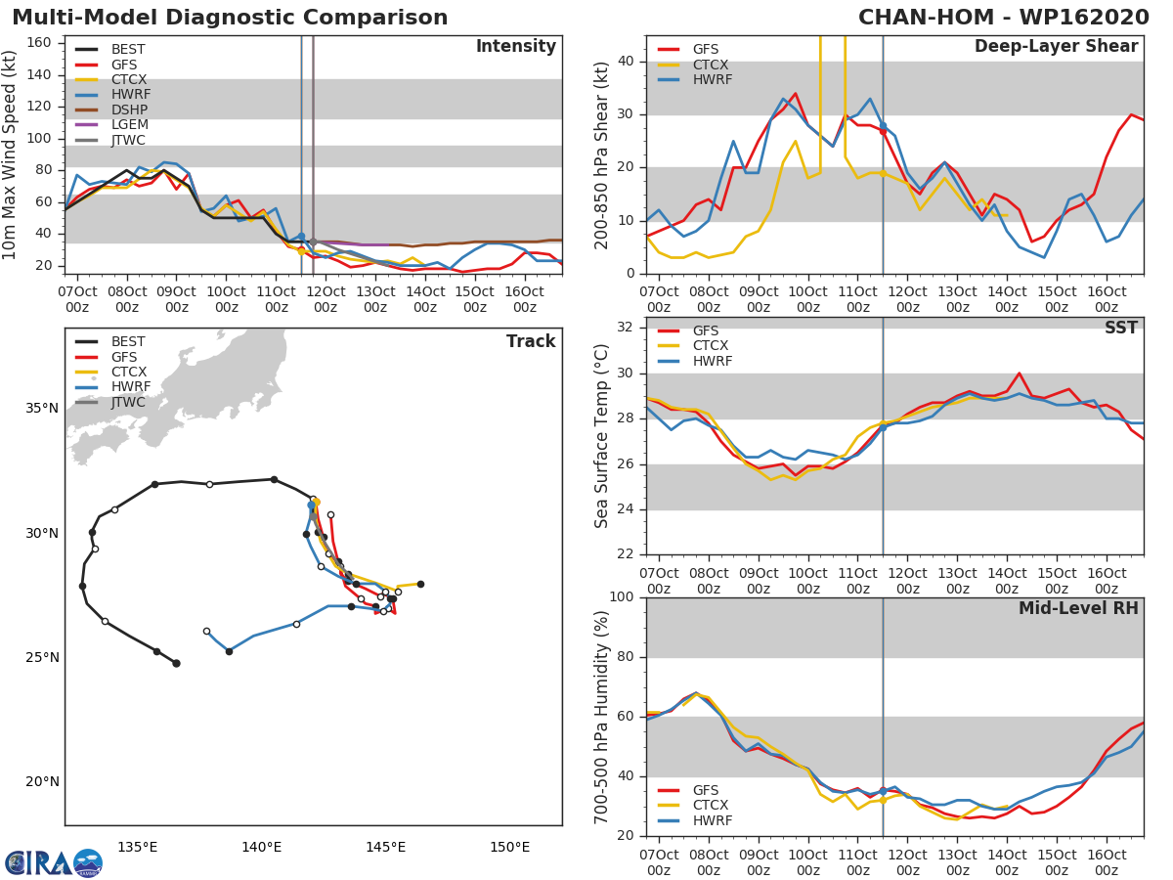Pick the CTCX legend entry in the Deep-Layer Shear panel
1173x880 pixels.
[x=712, y=65]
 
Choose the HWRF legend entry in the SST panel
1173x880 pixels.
[x=712, y=362]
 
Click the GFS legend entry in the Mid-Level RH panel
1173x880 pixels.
[x=705, y=790]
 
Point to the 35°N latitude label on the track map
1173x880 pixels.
[x=41, y=408]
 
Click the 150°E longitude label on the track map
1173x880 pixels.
[x=509, y=848]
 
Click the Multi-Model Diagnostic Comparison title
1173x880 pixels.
[x=230, y=18]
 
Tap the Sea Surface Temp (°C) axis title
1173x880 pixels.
[x=602, y=436]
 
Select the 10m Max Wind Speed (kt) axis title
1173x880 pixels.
[x=12, y=154]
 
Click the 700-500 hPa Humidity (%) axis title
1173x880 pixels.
[x=602, y=717]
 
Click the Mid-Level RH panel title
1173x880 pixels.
[x=1078, y=608]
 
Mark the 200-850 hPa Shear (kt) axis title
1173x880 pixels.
[x=602, y=154]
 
